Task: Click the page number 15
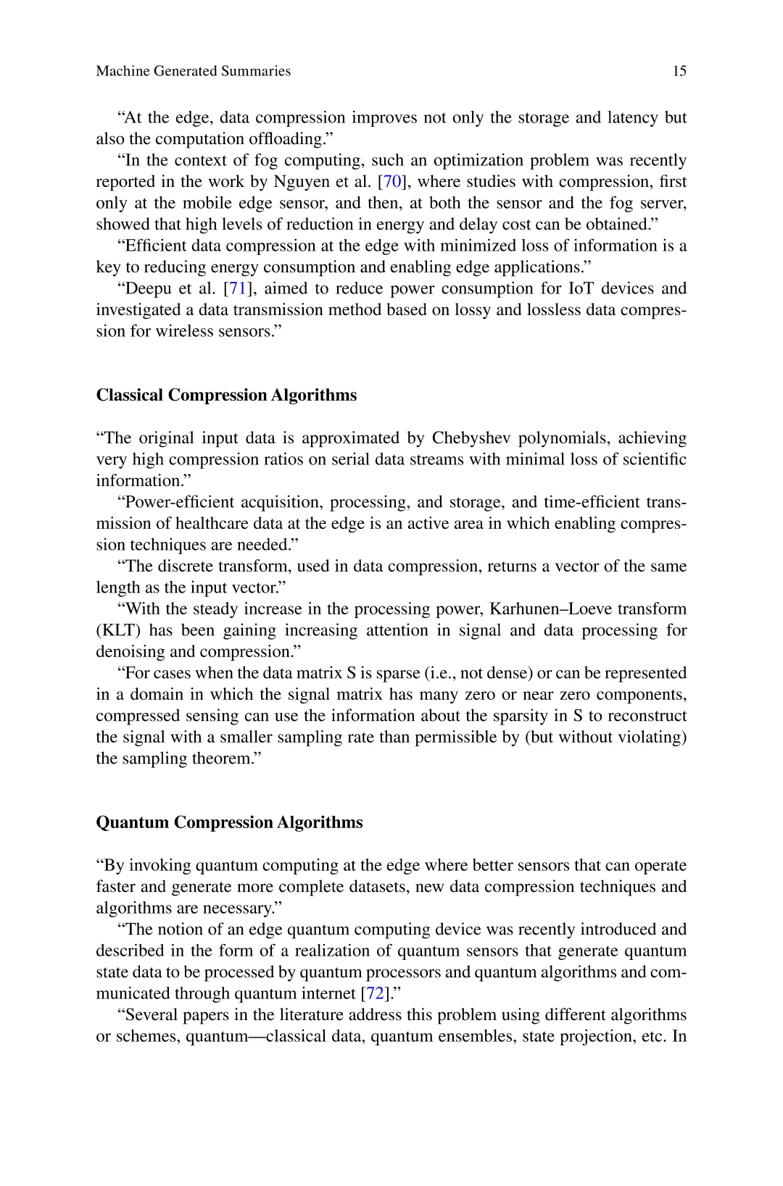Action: (x=679, y=71)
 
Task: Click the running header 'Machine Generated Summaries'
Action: (x=193, y=71)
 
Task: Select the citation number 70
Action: (x=391, y=181)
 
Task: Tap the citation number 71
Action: (x=238, y=288)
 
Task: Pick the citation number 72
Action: (x=374, y=993)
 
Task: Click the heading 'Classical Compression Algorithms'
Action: (x=226, y=395)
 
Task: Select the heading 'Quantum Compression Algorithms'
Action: (x=229, y=822)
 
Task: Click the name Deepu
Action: (x=149, y=288)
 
